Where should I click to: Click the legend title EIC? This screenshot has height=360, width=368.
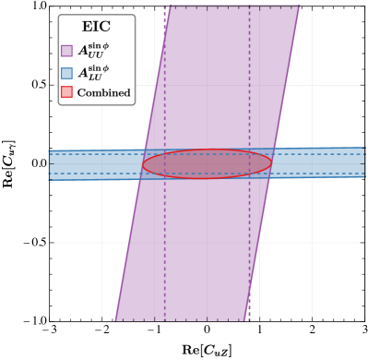96,28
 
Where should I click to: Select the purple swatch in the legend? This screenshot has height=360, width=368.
66,51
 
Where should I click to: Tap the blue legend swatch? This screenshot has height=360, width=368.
66,73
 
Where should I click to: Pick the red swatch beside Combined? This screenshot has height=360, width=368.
66,92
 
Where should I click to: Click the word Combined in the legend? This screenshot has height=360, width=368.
103,92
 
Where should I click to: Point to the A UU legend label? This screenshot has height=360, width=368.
93,50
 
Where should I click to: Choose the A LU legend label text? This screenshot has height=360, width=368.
93,72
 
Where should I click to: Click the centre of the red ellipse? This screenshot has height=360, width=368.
207,163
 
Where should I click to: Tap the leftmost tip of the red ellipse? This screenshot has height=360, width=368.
142,164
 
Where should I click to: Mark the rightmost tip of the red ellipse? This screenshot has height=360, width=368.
272,163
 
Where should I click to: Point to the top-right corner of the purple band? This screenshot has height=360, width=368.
300,7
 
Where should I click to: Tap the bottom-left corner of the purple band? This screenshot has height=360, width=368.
115,320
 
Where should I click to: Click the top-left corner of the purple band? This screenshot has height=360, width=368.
169,7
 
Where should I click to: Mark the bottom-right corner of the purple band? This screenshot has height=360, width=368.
247,320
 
